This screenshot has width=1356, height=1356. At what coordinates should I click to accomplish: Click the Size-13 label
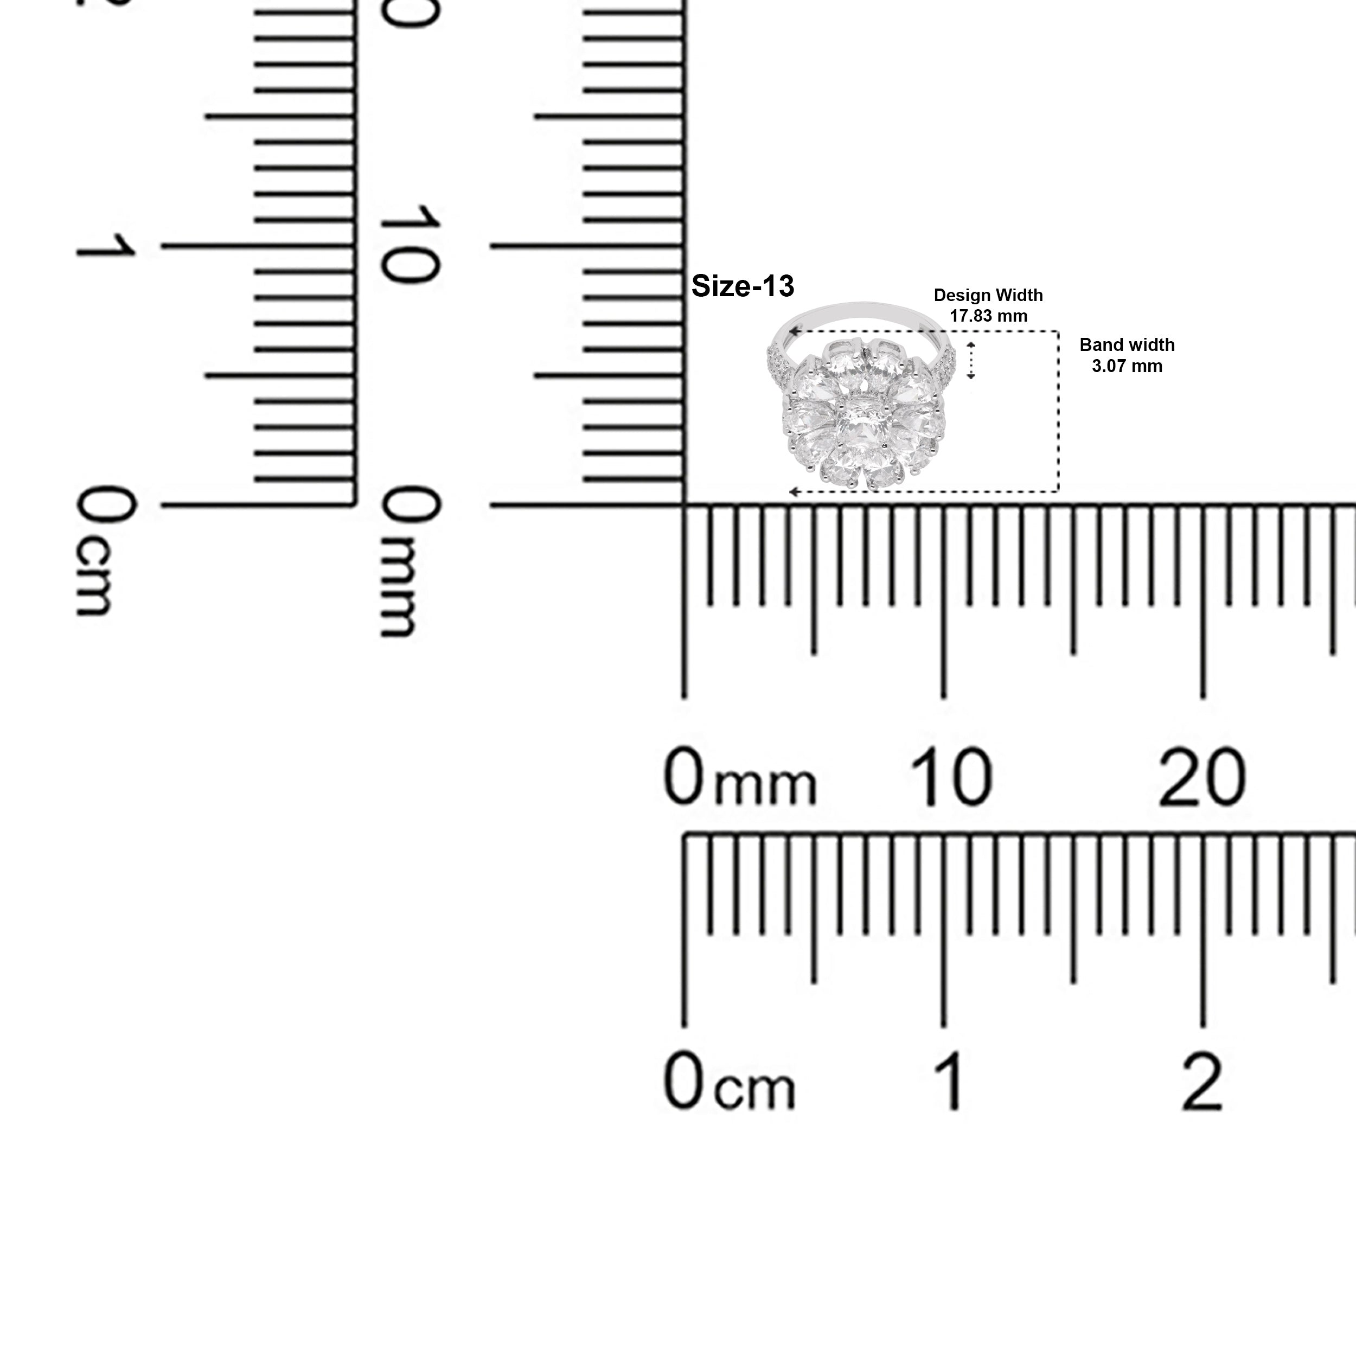[x=743, y=286]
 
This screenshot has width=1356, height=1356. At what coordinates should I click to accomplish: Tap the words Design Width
[x=988, y=296]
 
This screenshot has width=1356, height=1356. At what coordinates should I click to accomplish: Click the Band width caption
[x=1127, y=346]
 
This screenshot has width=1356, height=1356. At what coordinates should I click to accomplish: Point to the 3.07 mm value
[x=1127, y=366]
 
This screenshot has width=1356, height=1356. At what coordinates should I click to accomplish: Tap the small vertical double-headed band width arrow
[x=971, y=361]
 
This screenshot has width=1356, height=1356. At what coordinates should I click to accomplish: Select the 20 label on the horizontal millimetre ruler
[x=1203, y=778]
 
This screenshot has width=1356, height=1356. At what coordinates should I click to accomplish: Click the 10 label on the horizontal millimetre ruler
[x=951, y=778]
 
